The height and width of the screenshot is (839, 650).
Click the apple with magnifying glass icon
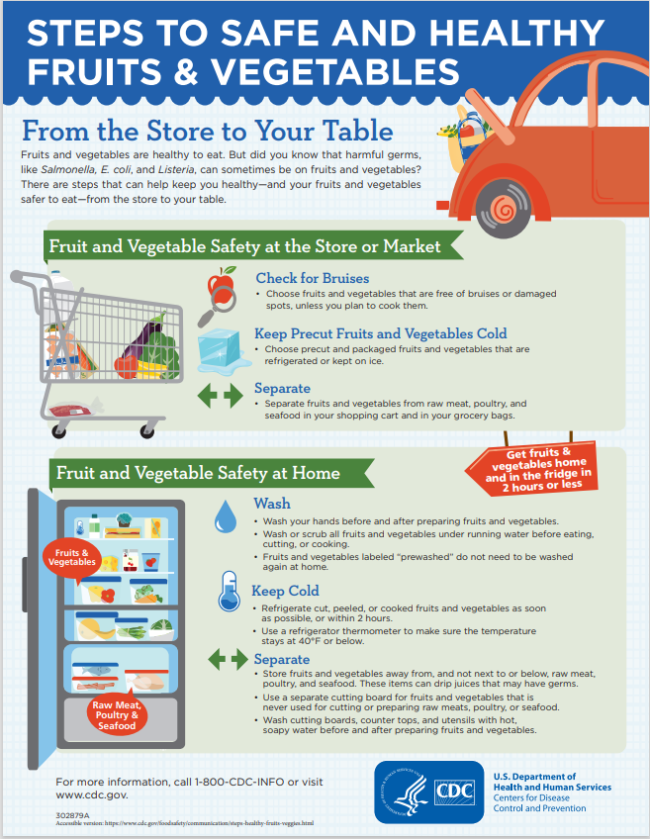click(219, 296)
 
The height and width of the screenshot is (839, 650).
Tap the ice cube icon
click(223, 350)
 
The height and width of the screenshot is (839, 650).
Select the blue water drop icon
click(226, 516)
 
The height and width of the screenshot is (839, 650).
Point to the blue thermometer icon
click(229, 592)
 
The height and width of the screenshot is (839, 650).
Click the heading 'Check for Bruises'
click(313, 278)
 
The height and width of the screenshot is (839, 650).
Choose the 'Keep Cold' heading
click(285, 591)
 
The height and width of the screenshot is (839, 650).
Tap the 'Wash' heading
click(272, 504)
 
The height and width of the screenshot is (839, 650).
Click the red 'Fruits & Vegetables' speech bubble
click(72, 559)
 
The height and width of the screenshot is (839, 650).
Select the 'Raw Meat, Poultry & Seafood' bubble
click(117, 714)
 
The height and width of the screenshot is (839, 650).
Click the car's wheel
click(503, 208)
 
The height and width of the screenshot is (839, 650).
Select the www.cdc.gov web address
click(91, 795)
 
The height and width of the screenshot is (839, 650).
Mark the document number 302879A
click(72, 815)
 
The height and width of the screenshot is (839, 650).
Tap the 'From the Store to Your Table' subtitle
click(208, 131)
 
